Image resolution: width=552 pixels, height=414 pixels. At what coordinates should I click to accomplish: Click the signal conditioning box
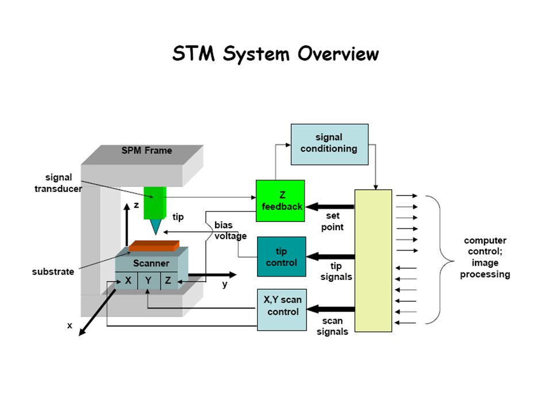point(329,144)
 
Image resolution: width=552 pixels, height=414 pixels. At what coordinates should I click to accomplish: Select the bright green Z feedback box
point(280,201)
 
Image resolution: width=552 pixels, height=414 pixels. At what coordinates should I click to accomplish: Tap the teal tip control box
point(282,256)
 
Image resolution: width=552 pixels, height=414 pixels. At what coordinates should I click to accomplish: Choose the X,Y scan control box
point(282,310)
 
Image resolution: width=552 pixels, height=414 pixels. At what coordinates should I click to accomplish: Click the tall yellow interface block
point(373,261)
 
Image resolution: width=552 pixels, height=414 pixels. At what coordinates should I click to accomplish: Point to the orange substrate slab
point(154,246)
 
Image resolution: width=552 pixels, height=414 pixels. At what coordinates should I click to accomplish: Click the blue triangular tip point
point(155,227)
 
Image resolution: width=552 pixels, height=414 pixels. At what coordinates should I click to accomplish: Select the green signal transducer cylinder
point(155,203)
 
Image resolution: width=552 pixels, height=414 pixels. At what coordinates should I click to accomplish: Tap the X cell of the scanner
point(126,281)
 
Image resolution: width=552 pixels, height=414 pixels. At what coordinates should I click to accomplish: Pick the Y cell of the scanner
point(149,281)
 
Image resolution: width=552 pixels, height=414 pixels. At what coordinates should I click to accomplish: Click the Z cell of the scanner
point(169,281)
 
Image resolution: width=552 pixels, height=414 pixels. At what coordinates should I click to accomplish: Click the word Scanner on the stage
point(151,263)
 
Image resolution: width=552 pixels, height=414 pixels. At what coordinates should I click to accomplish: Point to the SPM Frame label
point(147,150)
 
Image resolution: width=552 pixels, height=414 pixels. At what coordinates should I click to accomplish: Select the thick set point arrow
point(330,206)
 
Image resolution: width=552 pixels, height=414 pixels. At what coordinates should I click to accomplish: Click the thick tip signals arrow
point(331,256)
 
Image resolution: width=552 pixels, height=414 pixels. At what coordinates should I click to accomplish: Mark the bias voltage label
point(231,230)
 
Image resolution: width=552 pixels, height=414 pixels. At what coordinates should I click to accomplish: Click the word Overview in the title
point(338,54)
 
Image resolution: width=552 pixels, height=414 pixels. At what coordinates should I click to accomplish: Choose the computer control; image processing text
point(485,258)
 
